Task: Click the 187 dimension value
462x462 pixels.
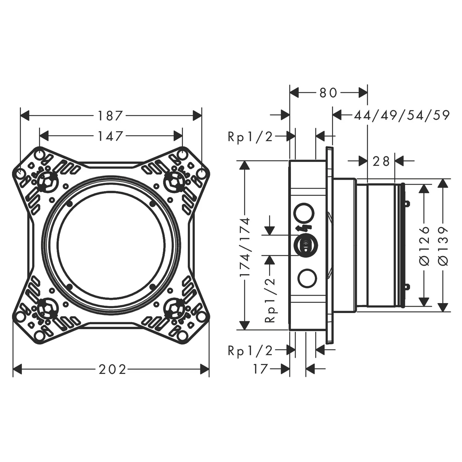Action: (110, 116)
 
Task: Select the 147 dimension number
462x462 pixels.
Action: (110, 136)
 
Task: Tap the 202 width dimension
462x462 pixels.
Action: (112, 369)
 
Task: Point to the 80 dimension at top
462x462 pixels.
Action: (328, 92)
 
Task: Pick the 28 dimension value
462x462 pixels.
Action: (381, 161)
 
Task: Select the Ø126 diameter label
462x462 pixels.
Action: (425, 246)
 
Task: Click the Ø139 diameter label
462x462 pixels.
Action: (443, 246)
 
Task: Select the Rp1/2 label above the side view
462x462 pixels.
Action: (250, 136)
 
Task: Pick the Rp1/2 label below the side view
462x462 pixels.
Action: (250, 351)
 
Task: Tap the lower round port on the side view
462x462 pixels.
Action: (307, 278)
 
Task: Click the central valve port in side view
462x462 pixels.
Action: (305, 245)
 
